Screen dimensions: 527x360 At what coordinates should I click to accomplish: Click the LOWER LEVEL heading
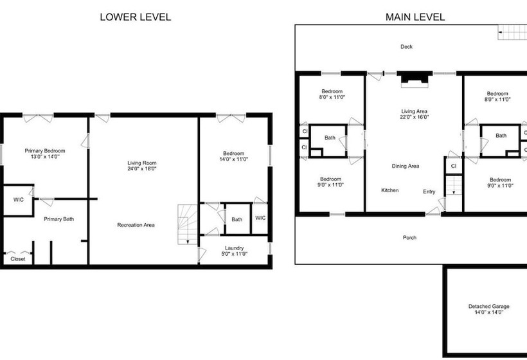pos(136,17)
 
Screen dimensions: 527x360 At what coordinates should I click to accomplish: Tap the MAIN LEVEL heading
pos(415,17)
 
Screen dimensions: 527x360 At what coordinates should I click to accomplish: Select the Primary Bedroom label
pos(45,150)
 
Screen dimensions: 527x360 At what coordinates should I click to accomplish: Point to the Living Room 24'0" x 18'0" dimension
pos(142,168)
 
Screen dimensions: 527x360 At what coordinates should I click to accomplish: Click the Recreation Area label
pos(136,225)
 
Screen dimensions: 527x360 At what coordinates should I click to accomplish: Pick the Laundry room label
pos(235,248)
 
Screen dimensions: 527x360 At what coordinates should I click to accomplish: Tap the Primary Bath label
pos(59,219)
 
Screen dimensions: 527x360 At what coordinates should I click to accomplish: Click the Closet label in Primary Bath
pos(18,259)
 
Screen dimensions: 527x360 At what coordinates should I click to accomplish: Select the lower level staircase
pos(188,224)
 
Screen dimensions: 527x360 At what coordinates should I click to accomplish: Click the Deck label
pos(406,47)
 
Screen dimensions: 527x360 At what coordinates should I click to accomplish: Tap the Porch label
pos(409,238)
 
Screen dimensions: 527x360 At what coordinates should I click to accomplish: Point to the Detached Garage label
pos(488,306)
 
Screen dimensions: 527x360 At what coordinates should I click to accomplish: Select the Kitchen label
pos(390,190)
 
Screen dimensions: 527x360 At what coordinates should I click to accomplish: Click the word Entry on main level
pos(429,192)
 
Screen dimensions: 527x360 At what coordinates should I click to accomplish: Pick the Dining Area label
pos(406,166)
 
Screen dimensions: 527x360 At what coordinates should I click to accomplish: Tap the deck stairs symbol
pos(512,32)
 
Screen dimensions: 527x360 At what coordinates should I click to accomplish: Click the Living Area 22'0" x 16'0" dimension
pos(414,117)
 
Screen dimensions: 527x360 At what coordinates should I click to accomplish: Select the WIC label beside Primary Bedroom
pos(19,200)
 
